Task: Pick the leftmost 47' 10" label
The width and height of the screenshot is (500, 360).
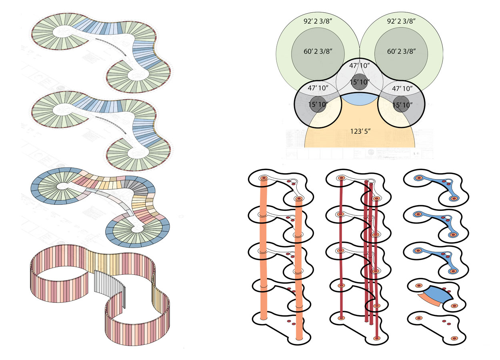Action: tap(317, 88)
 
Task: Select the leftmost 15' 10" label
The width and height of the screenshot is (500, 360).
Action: tap(317, 104)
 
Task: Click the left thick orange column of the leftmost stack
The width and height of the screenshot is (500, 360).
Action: tap(263, 248)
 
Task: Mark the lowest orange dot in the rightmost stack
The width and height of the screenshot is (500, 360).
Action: tap(454, 338)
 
